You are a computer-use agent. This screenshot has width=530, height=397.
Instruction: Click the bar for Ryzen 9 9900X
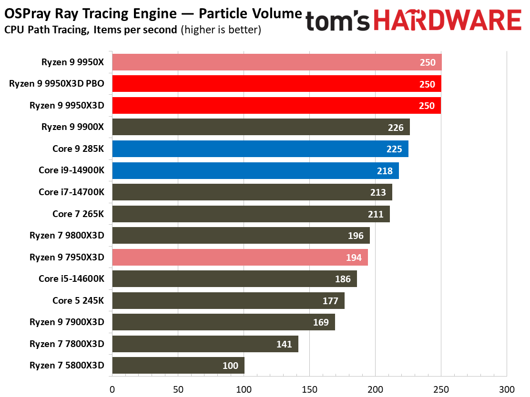click(261, 127)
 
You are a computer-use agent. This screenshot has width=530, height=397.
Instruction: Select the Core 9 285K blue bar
click(260, 149)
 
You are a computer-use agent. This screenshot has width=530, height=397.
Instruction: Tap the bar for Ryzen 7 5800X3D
click(178, 365)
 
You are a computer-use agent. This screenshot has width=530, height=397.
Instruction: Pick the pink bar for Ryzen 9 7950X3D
click(240, 257)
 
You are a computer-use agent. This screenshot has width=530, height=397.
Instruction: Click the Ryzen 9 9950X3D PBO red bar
click(277, 84)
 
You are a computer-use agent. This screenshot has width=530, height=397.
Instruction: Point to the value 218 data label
click(385, 171)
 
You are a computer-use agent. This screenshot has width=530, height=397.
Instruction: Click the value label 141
click(284, 344)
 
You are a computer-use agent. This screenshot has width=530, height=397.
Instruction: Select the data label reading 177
click(330, 301)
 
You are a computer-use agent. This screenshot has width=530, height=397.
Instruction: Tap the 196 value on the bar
click(356, 236)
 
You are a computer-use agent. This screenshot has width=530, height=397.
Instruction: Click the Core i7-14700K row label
click(71, 192)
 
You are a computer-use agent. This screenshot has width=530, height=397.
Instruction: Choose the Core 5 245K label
click(78, 300)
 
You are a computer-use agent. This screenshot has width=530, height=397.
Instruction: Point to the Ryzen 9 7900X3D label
click(67, 322)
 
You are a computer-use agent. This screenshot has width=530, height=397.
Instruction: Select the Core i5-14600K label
click(71, 278)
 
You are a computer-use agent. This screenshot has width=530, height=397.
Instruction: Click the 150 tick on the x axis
click(310, 389)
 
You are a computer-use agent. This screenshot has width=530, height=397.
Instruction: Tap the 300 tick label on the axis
click(507, 389)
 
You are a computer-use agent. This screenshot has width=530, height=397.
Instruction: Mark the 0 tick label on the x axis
click(112, 389)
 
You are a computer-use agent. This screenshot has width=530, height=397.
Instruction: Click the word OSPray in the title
click(27, 14)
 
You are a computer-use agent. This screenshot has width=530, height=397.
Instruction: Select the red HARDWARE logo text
click(448, 20)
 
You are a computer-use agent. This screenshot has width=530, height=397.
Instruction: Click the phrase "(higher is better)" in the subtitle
click(221, 30)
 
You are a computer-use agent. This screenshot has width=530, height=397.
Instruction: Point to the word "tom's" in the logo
click(337, 21)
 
